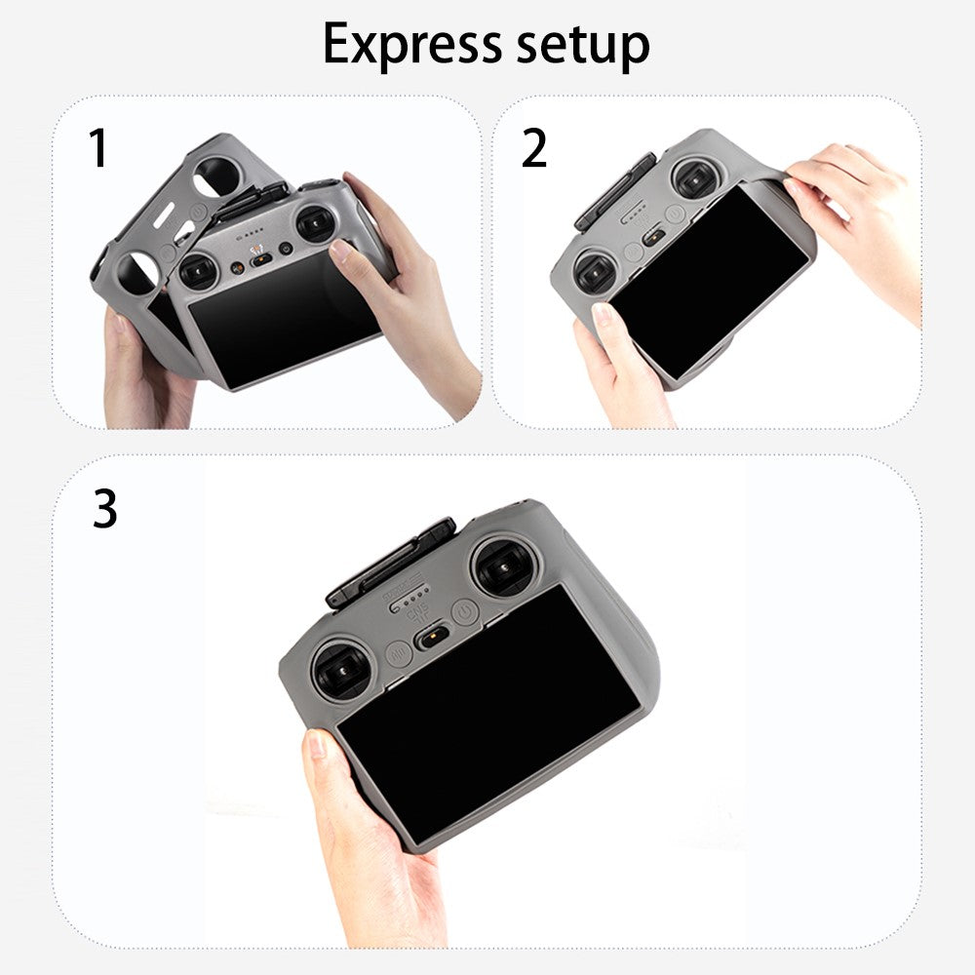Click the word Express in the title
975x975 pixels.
(412, 44)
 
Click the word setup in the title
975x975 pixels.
(583, 47)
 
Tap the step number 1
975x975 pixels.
(98, 148)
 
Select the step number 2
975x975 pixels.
(534, 148)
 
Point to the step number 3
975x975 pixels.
(105, 508)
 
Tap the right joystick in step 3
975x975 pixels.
(505, 567)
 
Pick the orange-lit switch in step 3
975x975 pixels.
(432, 638)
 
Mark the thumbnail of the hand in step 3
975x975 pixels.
(316, 744)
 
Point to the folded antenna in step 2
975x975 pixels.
(615, 193)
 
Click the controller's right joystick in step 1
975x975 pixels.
(317, 223)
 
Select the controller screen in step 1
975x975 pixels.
(284, 319)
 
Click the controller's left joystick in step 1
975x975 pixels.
(198, 272)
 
